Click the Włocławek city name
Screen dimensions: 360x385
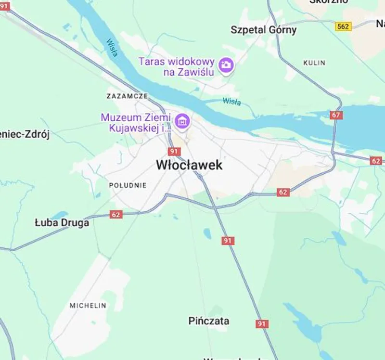pos(189,165)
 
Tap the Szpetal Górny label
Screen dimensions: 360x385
pos(263,30)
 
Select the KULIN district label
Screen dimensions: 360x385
pos(314,63)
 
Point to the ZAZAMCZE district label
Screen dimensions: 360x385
pos(127,96)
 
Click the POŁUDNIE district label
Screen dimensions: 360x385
pos(128,185)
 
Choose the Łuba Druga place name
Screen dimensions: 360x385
pos(62,223)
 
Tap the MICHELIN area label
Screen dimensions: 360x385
pos(88,305)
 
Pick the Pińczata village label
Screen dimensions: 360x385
pos(209,321)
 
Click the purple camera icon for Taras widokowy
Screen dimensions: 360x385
pos(226,64)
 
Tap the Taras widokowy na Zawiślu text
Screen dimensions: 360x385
pos(177,67)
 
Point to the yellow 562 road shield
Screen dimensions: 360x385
pos(343,26)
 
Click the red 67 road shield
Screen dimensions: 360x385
pos(336,116)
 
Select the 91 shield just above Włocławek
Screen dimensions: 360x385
pos(174,151)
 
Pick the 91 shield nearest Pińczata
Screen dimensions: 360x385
pos(262,324)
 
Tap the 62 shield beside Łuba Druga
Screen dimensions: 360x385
pos(115,214)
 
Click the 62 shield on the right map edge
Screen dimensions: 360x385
pos(376,161)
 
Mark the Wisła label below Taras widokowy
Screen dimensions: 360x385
pos(231,102)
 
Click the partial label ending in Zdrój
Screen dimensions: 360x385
pos(25,135)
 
